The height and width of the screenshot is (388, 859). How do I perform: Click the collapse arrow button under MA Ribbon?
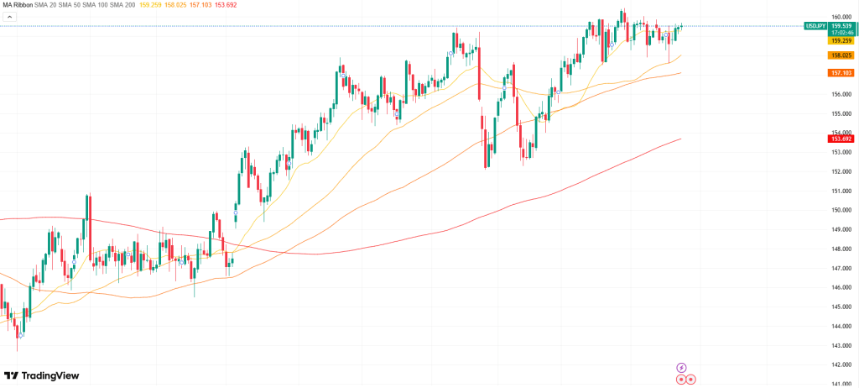tap(9, 18)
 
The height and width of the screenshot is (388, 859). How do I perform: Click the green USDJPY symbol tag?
tap(815, 26)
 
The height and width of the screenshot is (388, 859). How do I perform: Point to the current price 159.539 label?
tap(841, 26)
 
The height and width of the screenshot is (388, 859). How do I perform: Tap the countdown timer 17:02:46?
tap(841, 33)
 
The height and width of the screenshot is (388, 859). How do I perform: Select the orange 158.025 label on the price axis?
tap(841, 55)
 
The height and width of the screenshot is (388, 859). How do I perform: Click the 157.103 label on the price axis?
tap(841, 73)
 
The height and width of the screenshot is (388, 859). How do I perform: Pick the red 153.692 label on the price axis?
tap(841, 139)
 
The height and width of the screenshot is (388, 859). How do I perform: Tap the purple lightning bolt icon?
tap(681, 367)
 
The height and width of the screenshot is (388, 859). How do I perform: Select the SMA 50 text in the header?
tap(79, 6)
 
